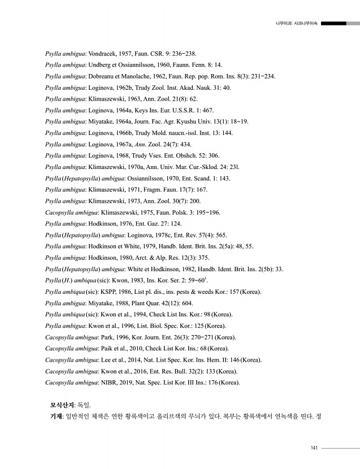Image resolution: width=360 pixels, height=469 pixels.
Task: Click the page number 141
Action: (314, 448)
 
